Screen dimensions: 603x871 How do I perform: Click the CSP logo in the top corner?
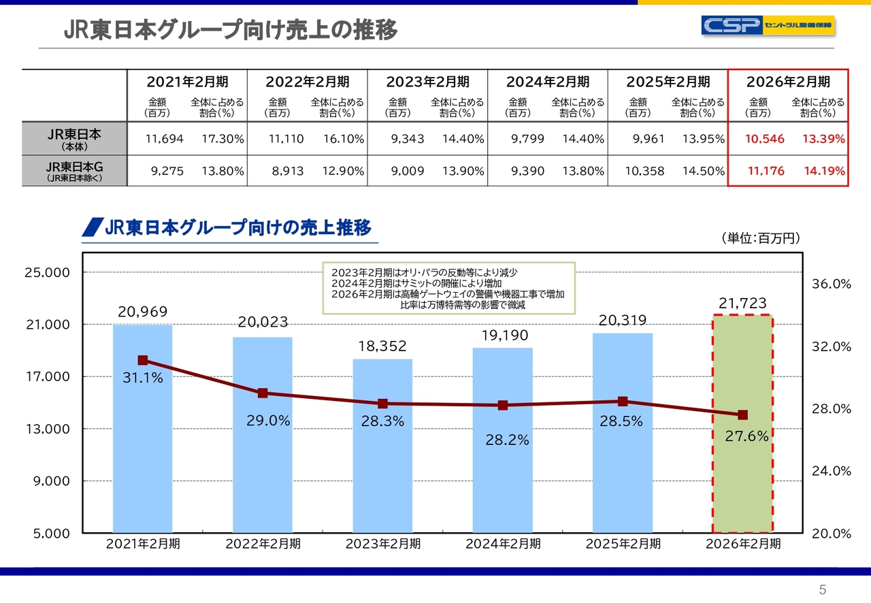pos(768,26)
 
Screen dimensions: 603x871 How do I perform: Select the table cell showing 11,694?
pos(165,139)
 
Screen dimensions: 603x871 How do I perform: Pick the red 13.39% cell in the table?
pos(823,139)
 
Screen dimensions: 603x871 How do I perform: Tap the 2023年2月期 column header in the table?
pos(427,82)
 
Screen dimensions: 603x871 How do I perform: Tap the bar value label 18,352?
pos(382,346)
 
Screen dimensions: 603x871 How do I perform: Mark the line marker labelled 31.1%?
pos(142,360)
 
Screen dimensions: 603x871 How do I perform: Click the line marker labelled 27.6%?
pos(742,414)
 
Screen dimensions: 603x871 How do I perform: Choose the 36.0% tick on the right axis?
pos(832,284)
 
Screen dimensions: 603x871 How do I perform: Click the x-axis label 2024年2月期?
pos(503,544)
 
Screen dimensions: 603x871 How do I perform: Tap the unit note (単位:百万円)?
pos(760,238)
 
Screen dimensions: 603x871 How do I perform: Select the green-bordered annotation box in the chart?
pos(448,288)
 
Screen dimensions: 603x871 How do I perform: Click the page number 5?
pos(822,589)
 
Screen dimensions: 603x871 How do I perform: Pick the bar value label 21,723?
pos(742,304)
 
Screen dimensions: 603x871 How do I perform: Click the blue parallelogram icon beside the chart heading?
pos(92,227)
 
